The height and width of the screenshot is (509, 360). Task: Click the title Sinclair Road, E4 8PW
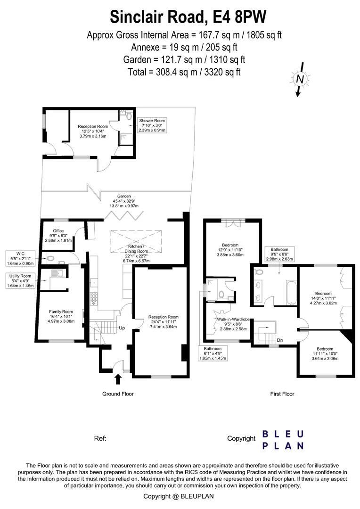click(x=188, y=17)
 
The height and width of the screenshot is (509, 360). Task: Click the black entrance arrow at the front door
click(x=117, y=378)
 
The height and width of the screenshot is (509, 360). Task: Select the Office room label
click(x=58, y=236)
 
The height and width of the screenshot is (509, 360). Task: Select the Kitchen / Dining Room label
click(x=137, y=253)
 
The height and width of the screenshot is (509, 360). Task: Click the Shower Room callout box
click(x=150, y=125)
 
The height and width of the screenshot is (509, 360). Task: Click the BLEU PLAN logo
click(x=283, y=439)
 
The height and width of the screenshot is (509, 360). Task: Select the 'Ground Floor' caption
click(x=118, y=394)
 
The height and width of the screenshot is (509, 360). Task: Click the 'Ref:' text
click(x=100, y=438)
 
